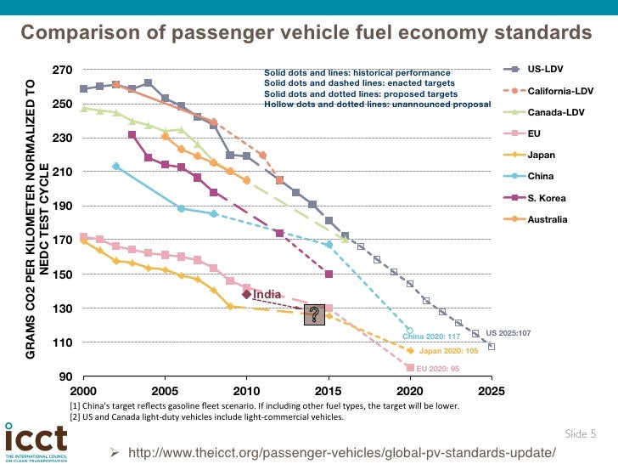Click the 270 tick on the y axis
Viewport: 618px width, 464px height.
(x=61, y=70)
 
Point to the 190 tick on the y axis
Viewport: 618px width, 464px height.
(x=61, y=207)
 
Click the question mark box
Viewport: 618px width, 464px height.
(x=315, y=314)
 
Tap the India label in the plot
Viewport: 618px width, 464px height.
(x=267, y=294)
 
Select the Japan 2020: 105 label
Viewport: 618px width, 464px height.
(x=448, y=350)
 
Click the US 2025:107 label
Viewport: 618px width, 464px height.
(x=508, y=332)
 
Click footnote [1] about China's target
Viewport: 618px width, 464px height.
(x=264, y=405)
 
